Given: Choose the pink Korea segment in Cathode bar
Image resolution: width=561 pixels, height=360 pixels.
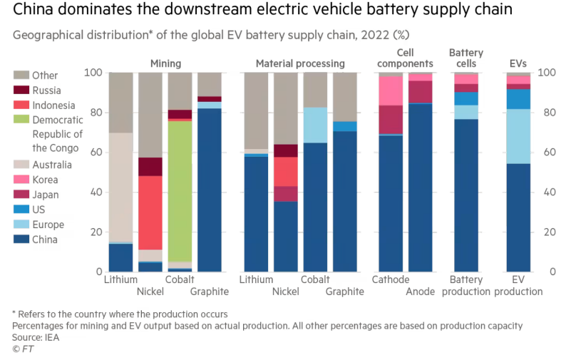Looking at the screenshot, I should click(391, 91).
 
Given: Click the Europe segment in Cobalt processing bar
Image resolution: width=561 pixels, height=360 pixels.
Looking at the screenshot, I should click(315, 125).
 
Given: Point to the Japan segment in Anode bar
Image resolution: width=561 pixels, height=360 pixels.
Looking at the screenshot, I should click(421, 92).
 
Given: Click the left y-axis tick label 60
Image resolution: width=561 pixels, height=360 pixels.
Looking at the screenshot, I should click(93, 153).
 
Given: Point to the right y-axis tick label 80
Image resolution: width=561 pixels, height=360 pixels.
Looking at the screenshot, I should click(546, 113).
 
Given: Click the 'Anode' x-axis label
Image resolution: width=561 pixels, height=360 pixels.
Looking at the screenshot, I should click(421, 291).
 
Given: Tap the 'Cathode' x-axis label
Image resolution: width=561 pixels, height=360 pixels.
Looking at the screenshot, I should click(391, 279).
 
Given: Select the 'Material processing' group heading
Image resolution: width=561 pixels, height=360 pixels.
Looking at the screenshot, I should click(300, 63).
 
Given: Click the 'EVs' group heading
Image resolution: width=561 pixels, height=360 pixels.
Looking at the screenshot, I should click(518, 63).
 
